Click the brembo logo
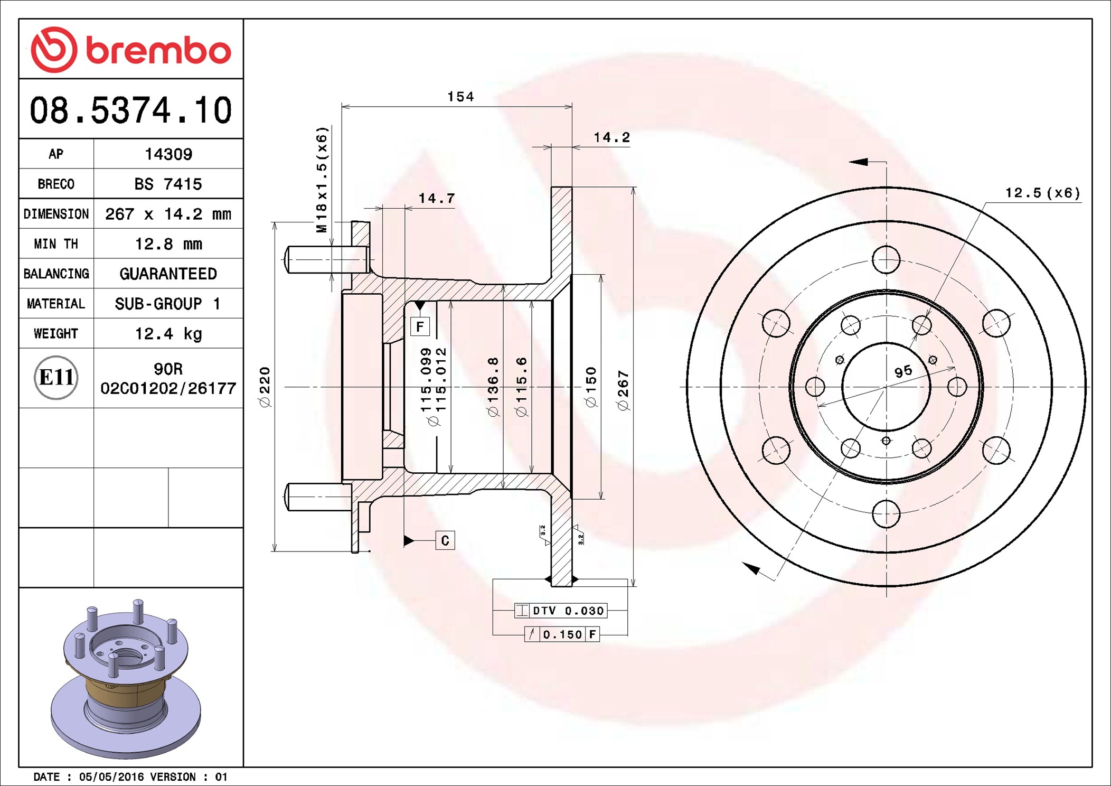(131, 50)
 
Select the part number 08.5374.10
(131, 110)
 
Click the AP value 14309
(168, 154)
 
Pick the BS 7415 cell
(168, 184)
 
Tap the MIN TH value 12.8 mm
(168, 244)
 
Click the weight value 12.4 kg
(168, 334)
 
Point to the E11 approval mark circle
(56, 378)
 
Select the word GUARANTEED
(168, 274)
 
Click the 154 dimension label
(460, 97)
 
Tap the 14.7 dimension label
(437, 198)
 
